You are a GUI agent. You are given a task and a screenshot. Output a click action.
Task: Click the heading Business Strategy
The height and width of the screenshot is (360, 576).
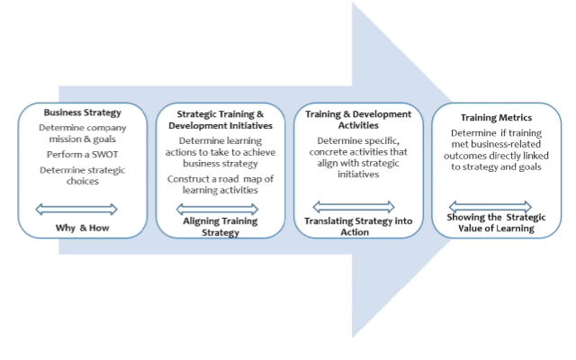[x=82, y=112]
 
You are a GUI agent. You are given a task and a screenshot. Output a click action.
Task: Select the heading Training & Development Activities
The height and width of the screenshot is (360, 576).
[x=359, y=120]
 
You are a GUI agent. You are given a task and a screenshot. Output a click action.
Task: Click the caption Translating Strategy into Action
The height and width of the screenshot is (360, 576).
[x=358, y=226]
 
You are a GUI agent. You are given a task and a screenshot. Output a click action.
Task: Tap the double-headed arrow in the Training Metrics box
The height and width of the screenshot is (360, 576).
[x=490, y=206]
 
